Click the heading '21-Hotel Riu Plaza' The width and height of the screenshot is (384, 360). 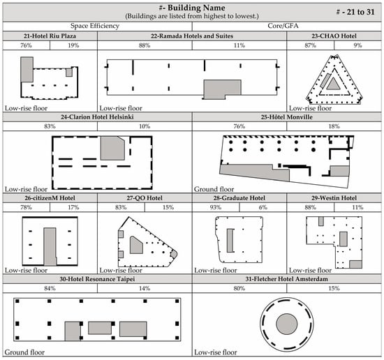[x=49, y=36]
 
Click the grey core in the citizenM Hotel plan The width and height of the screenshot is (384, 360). [x=50, y=245]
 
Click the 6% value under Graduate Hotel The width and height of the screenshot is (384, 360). [x=263, y=208]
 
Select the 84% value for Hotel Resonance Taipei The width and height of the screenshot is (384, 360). [x=50, y=289]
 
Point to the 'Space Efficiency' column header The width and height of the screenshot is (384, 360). [x=50, y=25]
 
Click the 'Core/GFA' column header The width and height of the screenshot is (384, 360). [x=287, y=25]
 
